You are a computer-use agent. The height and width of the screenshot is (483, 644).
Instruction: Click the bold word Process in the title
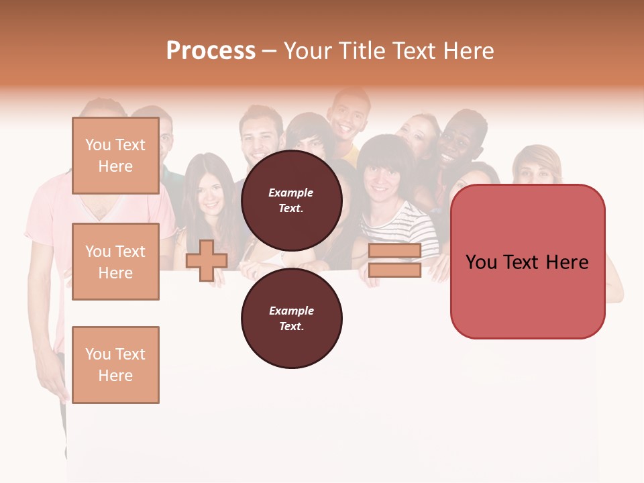(x=211, y=51)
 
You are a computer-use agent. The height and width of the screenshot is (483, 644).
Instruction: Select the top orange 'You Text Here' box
(x=115, y=156)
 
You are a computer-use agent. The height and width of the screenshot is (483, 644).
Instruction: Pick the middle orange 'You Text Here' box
(x=115, y=262)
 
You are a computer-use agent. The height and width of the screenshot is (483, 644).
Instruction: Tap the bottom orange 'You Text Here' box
(x=115, y=365)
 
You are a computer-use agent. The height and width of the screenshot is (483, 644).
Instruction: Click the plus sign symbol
(x=207, y=260)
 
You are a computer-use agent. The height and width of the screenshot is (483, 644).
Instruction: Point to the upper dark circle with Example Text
(x=291, y=200)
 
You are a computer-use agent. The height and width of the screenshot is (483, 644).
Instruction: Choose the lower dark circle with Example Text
(x=291, y=318)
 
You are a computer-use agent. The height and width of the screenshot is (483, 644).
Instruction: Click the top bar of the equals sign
(x=394, y=251)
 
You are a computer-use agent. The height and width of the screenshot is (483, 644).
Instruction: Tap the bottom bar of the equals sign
(x=394, y=270)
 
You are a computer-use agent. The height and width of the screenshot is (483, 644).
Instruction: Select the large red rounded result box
(x=527, y=262)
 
